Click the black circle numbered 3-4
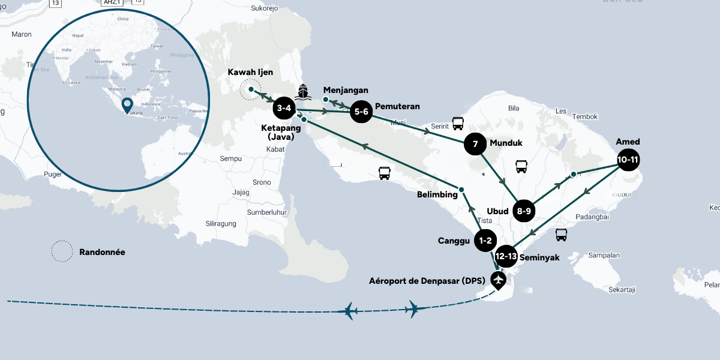pyautogui.click(x=284, y=109)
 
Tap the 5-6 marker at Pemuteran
pyautogui.click(x=361, y=112)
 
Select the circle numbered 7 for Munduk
pyautogui.click(x=475, y=144)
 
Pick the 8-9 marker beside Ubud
pyautogui.click(x=524, y=211)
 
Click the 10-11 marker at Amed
pyautogui.click(x=628, y=160)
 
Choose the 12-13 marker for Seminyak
pyautogui.click(x=506, y=256)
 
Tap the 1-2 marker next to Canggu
pyautogui.click(x=485, y=241)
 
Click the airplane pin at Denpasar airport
pyautogui.click(x=497, y=279)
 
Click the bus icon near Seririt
pyautogui.click(x=458, y=124)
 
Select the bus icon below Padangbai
pyautogui.click(x=561, y=235)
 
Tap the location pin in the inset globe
pyautogui.click(x=127, y=106)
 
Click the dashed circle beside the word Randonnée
pyautogui.click(x=62, y=252)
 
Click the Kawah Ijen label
pyautogui.click(x=250, y=73)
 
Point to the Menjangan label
pyautogui.click(x=345, y=90)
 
